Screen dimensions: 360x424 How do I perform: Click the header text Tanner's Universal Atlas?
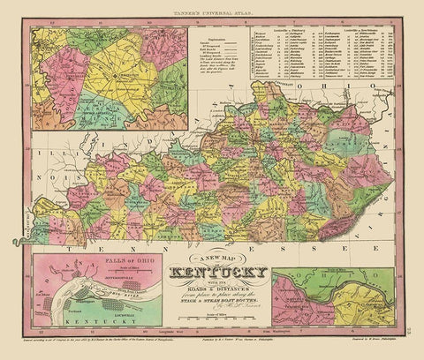pyautogui.click(x=213, y=10)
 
